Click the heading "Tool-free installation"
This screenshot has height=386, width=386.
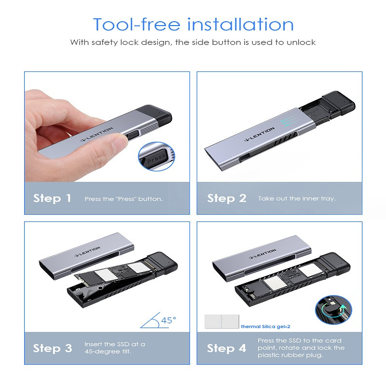193,25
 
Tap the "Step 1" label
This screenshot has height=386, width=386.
52,198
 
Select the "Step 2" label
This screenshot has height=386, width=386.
227,198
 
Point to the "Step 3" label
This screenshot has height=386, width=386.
53,348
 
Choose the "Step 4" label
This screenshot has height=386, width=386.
226,348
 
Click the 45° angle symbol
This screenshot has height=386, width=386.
158,320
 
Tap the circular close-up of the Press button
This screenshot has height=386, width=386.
156,156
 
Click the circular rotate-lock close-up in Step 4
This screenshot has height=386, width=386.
333,310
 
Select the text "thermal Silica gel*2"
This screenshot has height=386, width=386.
265,327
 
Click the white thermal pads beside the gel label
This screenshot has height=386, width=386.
222,321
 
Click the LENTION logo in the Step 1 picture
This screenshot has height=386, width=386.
97,135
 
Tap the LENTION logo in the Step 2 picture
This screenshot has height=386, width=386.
260,135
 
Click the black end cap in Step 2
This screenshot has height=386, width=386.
339,103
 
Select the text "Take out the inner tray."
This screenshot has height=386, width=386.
297,199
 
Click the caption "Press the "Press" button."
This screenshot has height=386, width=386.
124,199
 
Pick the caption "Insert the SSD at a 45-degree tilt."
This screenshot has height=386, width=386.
115,347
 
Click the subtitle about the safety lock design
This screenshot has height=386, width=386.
193,42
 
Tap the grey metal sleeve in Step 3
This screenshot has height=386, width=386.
87,256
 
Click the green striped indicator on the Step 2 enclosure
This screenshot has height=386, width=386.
291,120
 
